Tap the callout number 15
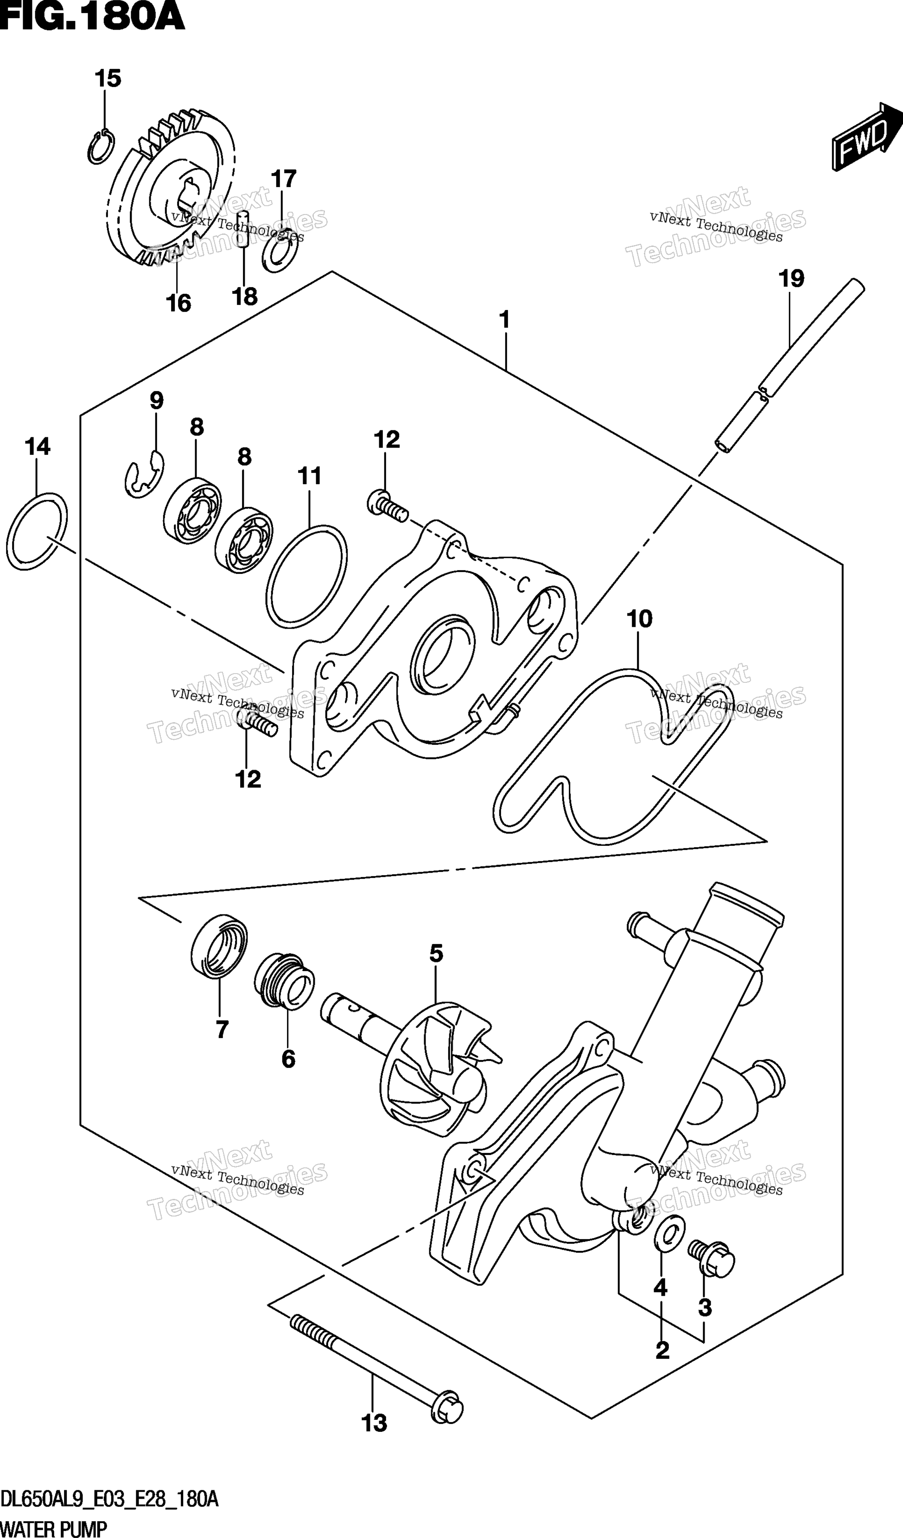pos(108,79)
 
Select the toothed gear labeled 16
pos(172,189)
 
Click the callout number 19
pos(791,279)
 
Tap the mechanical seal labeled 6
pos(285,988)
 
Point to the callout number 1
pos(504,319)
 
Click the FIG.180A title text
pos(92,17)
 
